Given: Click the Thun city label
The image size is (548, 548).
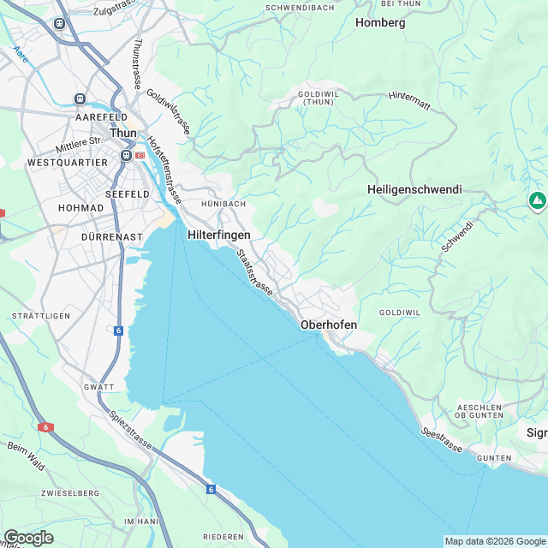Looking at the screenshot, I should [x=123, y=133].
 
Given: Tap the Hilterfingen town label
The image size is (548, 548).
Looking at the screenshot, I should [x=218, y=233].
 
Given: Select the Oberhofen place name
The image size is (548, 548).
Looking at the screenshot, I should [x=329, y=325].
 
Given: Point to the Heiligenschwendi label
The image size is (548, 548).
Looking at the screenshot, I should [x=414, y=189].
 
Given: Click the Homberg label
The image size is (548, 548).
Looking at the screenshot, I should [x=379, y=23].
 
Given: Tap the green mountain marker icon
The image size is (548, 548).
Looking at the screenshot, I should [x=537, y=201].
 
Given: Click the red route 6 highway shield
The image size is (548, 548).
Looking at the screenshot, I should [x=45, y=426].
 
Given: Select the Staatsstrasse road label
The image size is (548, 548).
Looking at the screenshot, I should [x=254, y=273].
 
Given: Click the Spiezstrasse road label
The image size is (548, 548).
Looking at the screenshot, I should [x=130, y=431].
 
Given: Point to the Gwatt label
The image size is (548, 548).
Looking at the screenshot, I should [x=99, y=387].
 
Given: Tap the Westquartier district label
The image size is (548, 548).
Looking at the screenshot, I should [x=68, y=162].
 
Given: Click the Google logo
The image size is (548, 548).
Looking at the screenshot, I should [x=28, y=537].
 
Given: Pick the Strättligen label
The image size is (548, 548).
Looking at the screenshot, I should [x=40, y=316].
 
